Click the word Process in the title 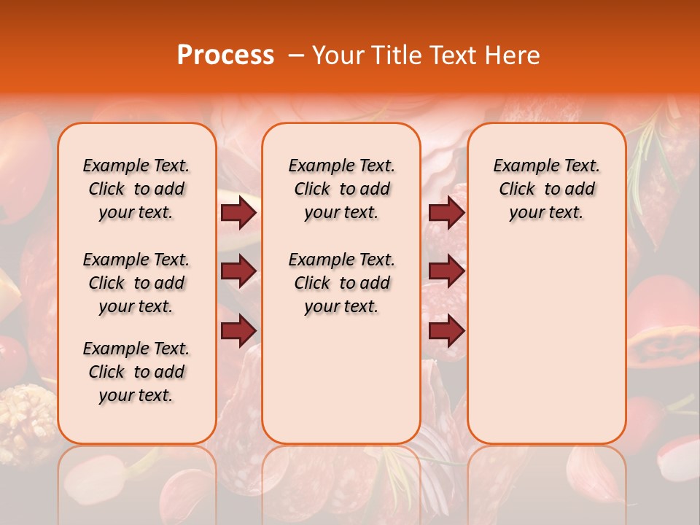coord(225,55)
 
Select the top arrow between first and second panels coord(238,213)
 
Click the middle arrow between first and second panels coord(238,271)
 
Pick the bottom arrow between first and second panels coord(238,331)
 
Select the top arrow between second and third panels coord(446,213)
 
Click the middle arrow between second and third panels coord(446,271)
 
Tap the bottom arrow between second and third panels coord(446,331)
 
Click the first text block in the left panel coord(136,190)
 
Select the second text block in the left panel coord(136,283)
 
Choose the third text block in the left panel coord(136,372)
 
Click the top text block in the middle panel coord(341,190)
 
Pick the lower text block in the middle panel coord(341,283)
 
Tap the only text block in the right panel coord(546,190)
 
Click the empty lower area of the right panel coord(546,343)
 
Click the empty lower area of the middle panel coord(341,379)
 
